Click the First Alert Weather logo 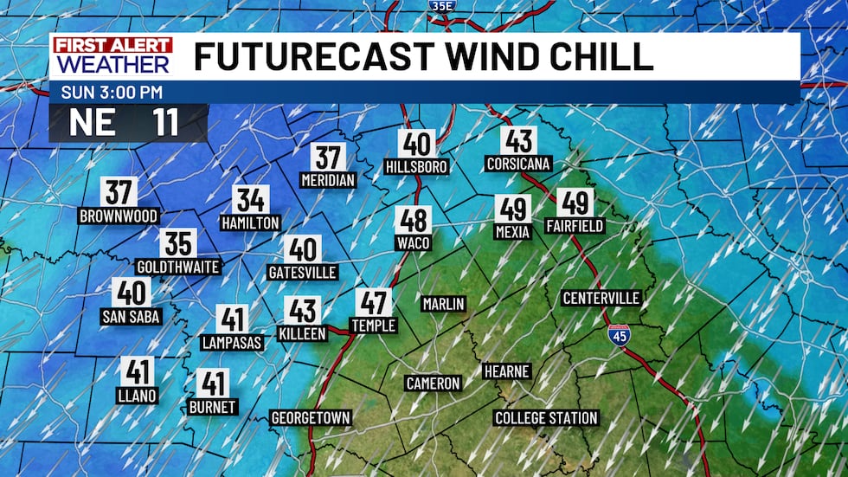point(112,56)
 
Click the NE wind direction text point(93,123)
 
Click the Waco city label point(413,243)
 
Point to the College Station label point(546,418)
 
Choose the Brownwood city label point(119,216)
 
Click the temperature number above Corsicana point(518,141)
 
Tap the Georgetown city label point(311,418)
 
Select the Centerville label point(601,299)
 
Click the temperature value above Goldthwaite point(177,244)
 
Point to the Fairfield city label point(575,226)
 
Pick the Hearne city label point(506,371)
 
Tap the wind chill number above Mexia point(512,209)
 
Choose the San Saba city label point(131,317)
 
